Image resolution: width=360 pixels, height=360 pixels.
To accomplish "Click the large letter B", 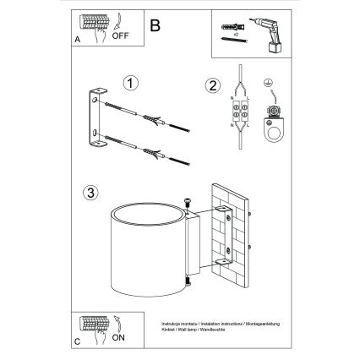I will [x=155, y=26].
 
